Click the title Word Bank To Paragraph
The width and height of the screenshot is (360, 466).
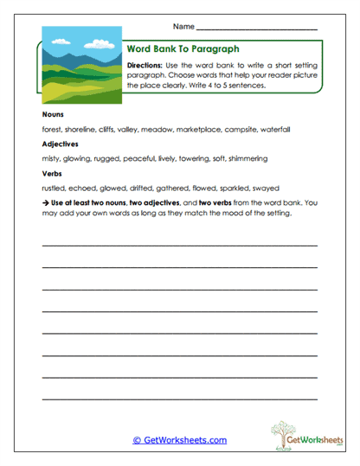[x=183, y=49]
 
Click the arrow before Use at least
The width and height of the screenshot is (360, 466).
[x=44, y=201]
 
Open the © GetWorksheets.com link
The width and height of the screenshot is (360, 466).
[x=180, y=440]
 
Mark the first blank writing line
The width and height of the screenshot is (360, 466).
[x=179, y=246]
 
